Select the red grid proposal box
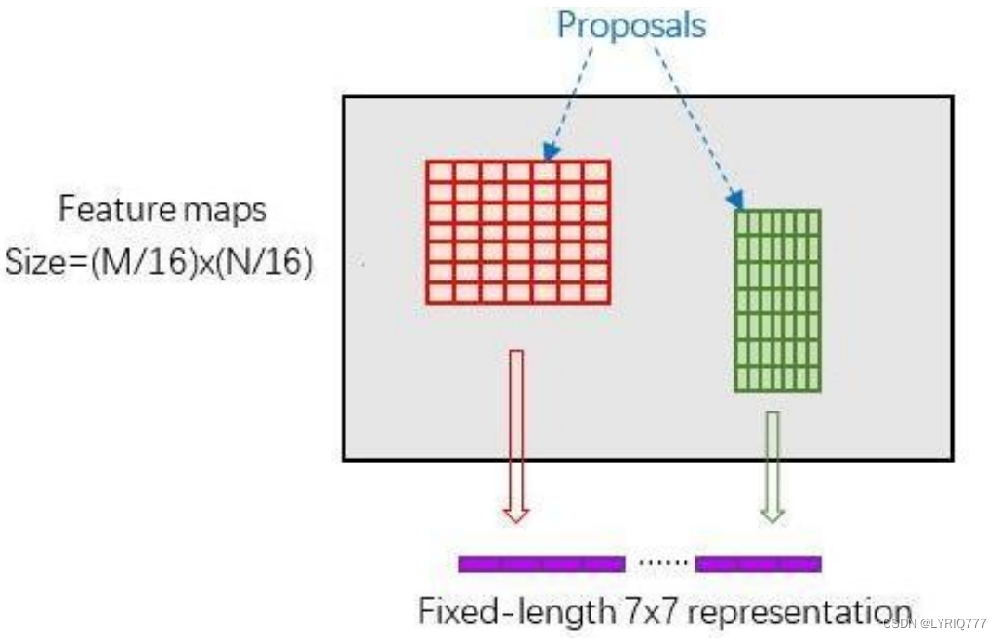pos(518,232)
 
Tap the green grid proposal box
pos(777,300)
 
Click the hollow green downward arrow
pos(772,464)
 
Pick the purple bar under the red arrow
pos(541,564)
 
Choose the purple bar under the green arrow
pos(758,564)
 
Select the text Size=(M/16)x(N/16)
pos(159,264)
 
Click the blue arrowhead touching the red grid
pos(551,151)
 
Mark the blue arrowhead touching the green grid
pos(736,200)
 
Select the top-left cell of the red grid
pos(440,172)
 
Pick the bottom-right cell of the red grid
pos(595,293)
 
